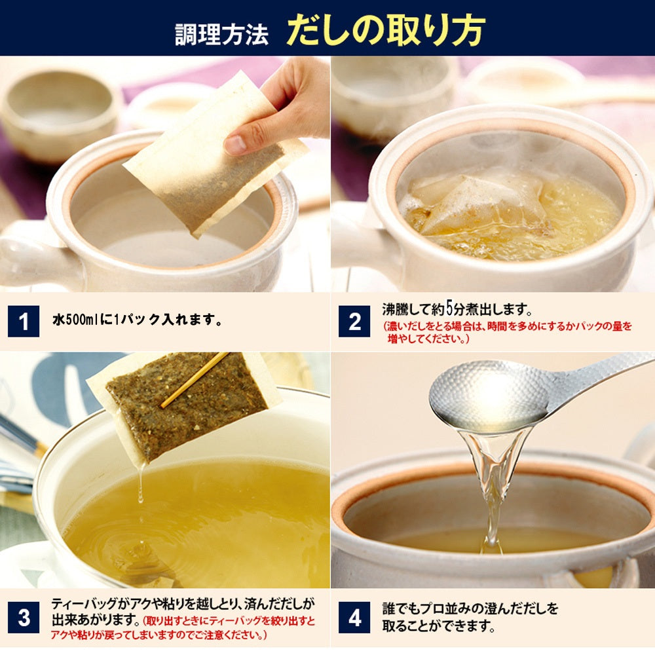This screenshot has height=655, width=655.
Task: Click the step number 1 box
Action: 24,322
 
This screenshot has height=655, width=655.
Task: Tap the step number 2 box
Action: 354,322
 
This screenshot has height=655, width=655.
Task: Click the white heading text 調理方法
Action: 221,33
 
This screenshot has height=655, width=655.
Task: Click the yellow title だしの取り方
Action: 385,30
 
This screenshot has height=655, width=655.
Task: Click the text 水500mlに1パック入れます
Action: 137,321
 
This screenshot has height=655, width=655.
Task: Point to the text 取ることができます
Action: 438,626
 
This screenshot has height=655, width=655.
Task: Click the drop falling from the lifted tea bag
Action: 140,485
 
